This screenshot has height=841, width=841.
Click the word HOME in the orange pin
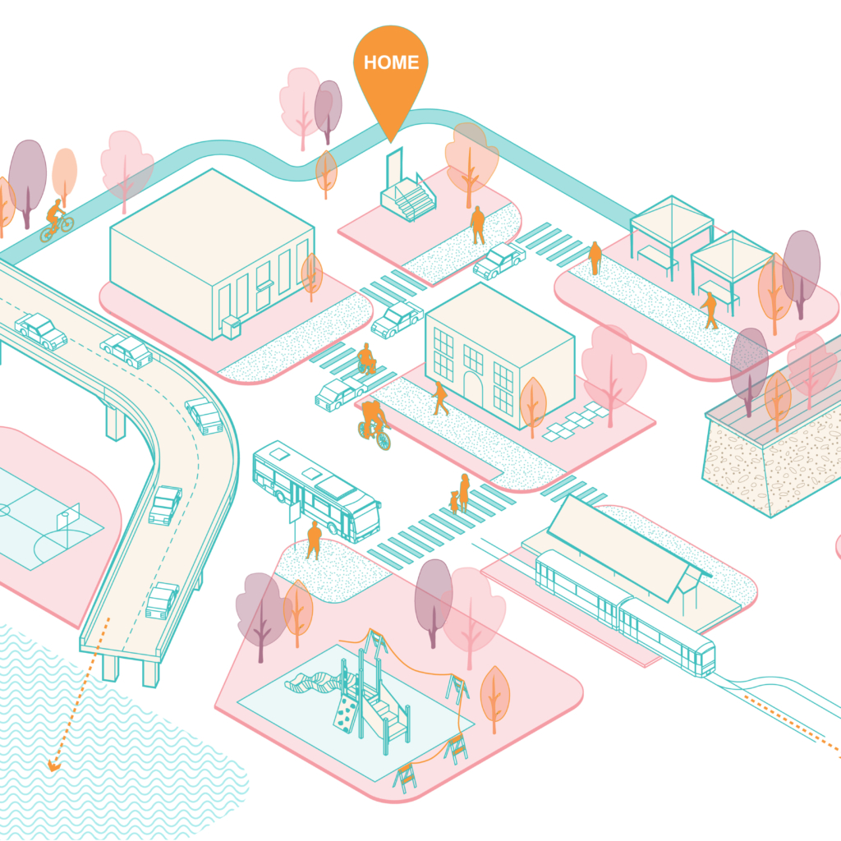[x=391, y=62]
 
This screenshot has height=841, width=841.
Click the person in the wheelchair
[x=366, y=360]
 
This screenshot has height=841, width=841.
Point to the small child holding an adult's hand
[x=453, y=501]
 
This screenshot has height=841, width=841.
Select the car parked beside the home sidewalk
[x=499, y=260]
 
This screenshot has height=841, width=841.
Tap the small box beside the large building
[x=231, y=326]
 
